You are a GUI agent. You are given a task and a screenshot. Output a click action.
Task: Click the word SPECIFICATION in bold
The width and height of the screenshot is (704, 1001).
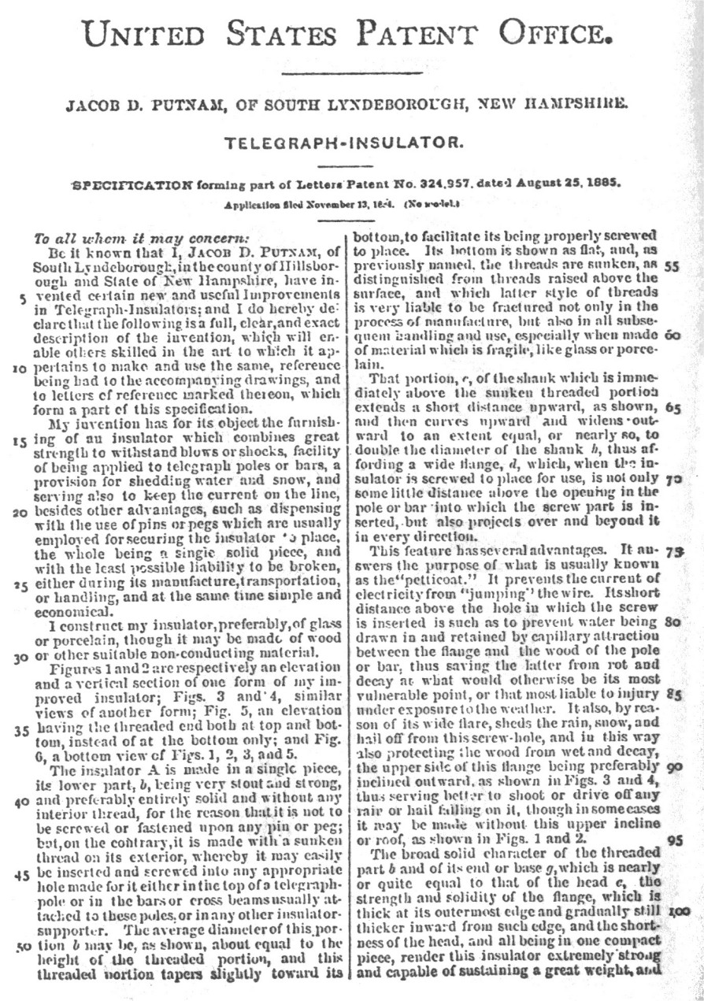click(x=132, y=185)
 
